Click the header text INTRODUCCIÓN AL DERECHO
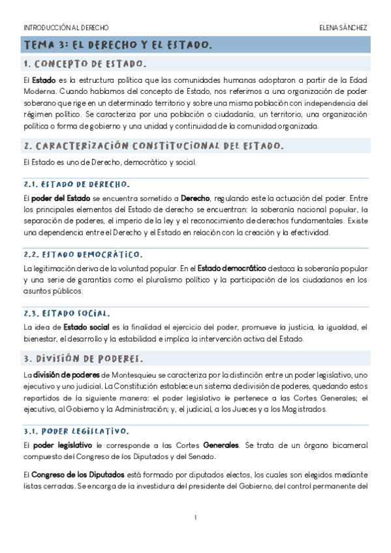(66, 28)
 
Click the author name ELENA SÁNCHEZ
(343, 28)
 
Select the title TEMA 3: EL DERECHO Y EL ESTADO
(117, 45)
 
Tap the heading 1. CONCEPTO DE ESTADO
(84, 64)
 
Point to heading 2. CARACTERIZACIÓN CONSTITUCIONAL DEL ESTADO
(153, 146)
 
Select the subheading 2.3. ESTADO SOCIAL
(71, 313)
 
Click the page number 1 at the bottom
(195, 518)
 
